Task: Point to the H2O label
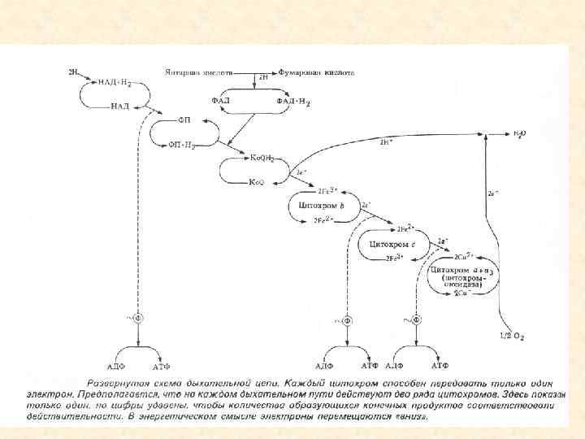[x=519, y=132]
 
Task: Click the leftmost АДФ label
[x=115, y=366]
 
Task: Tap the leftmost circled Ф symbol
[x=138, y=320]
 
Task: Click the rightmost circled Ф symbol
[x=418, y=320]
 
